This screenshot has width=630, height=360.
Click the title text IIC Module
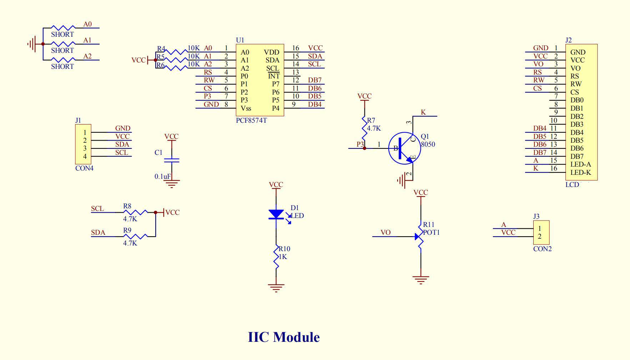[x=284, y=337]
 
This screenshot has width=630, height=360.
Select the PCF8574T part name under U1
[x=251, y=121]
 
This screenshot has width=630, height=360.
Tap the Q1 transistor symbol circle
[x=404, y=148]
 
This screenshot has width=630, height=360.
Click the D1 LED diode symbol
[x=276, y=214]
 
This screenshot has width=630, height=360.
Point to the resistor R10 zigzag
[x=276, y=257]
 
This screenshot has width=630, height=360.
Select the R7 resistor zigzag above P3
[x=364, y=128]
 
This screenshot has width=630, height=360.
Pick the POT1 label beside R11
[x=431, y=232]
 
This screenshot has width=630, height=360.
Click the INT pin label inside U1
[x=274, y=76]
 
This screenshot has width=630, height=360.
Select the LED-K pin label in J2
[x=581, y=173]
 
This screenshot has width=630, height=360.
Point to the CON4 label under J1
[x=84, y=168]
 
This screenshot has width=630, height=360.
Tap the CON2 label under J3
[x=542, y=249]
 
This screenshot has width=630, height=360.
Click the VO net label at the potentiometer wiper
[x=385, y=233]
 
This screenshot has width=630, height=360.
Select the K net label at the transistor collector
[x=423, y=112]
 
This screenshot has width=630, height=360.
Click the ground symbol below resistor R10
[x=276, y=288]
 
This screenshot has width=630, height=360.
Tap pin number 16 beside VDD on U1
[x=296, y=48]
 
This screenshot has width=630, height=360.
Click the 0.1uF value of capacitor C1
[x=163, y=176]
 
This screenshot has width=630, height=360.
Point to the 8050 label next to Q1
[x=428, y=144]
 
